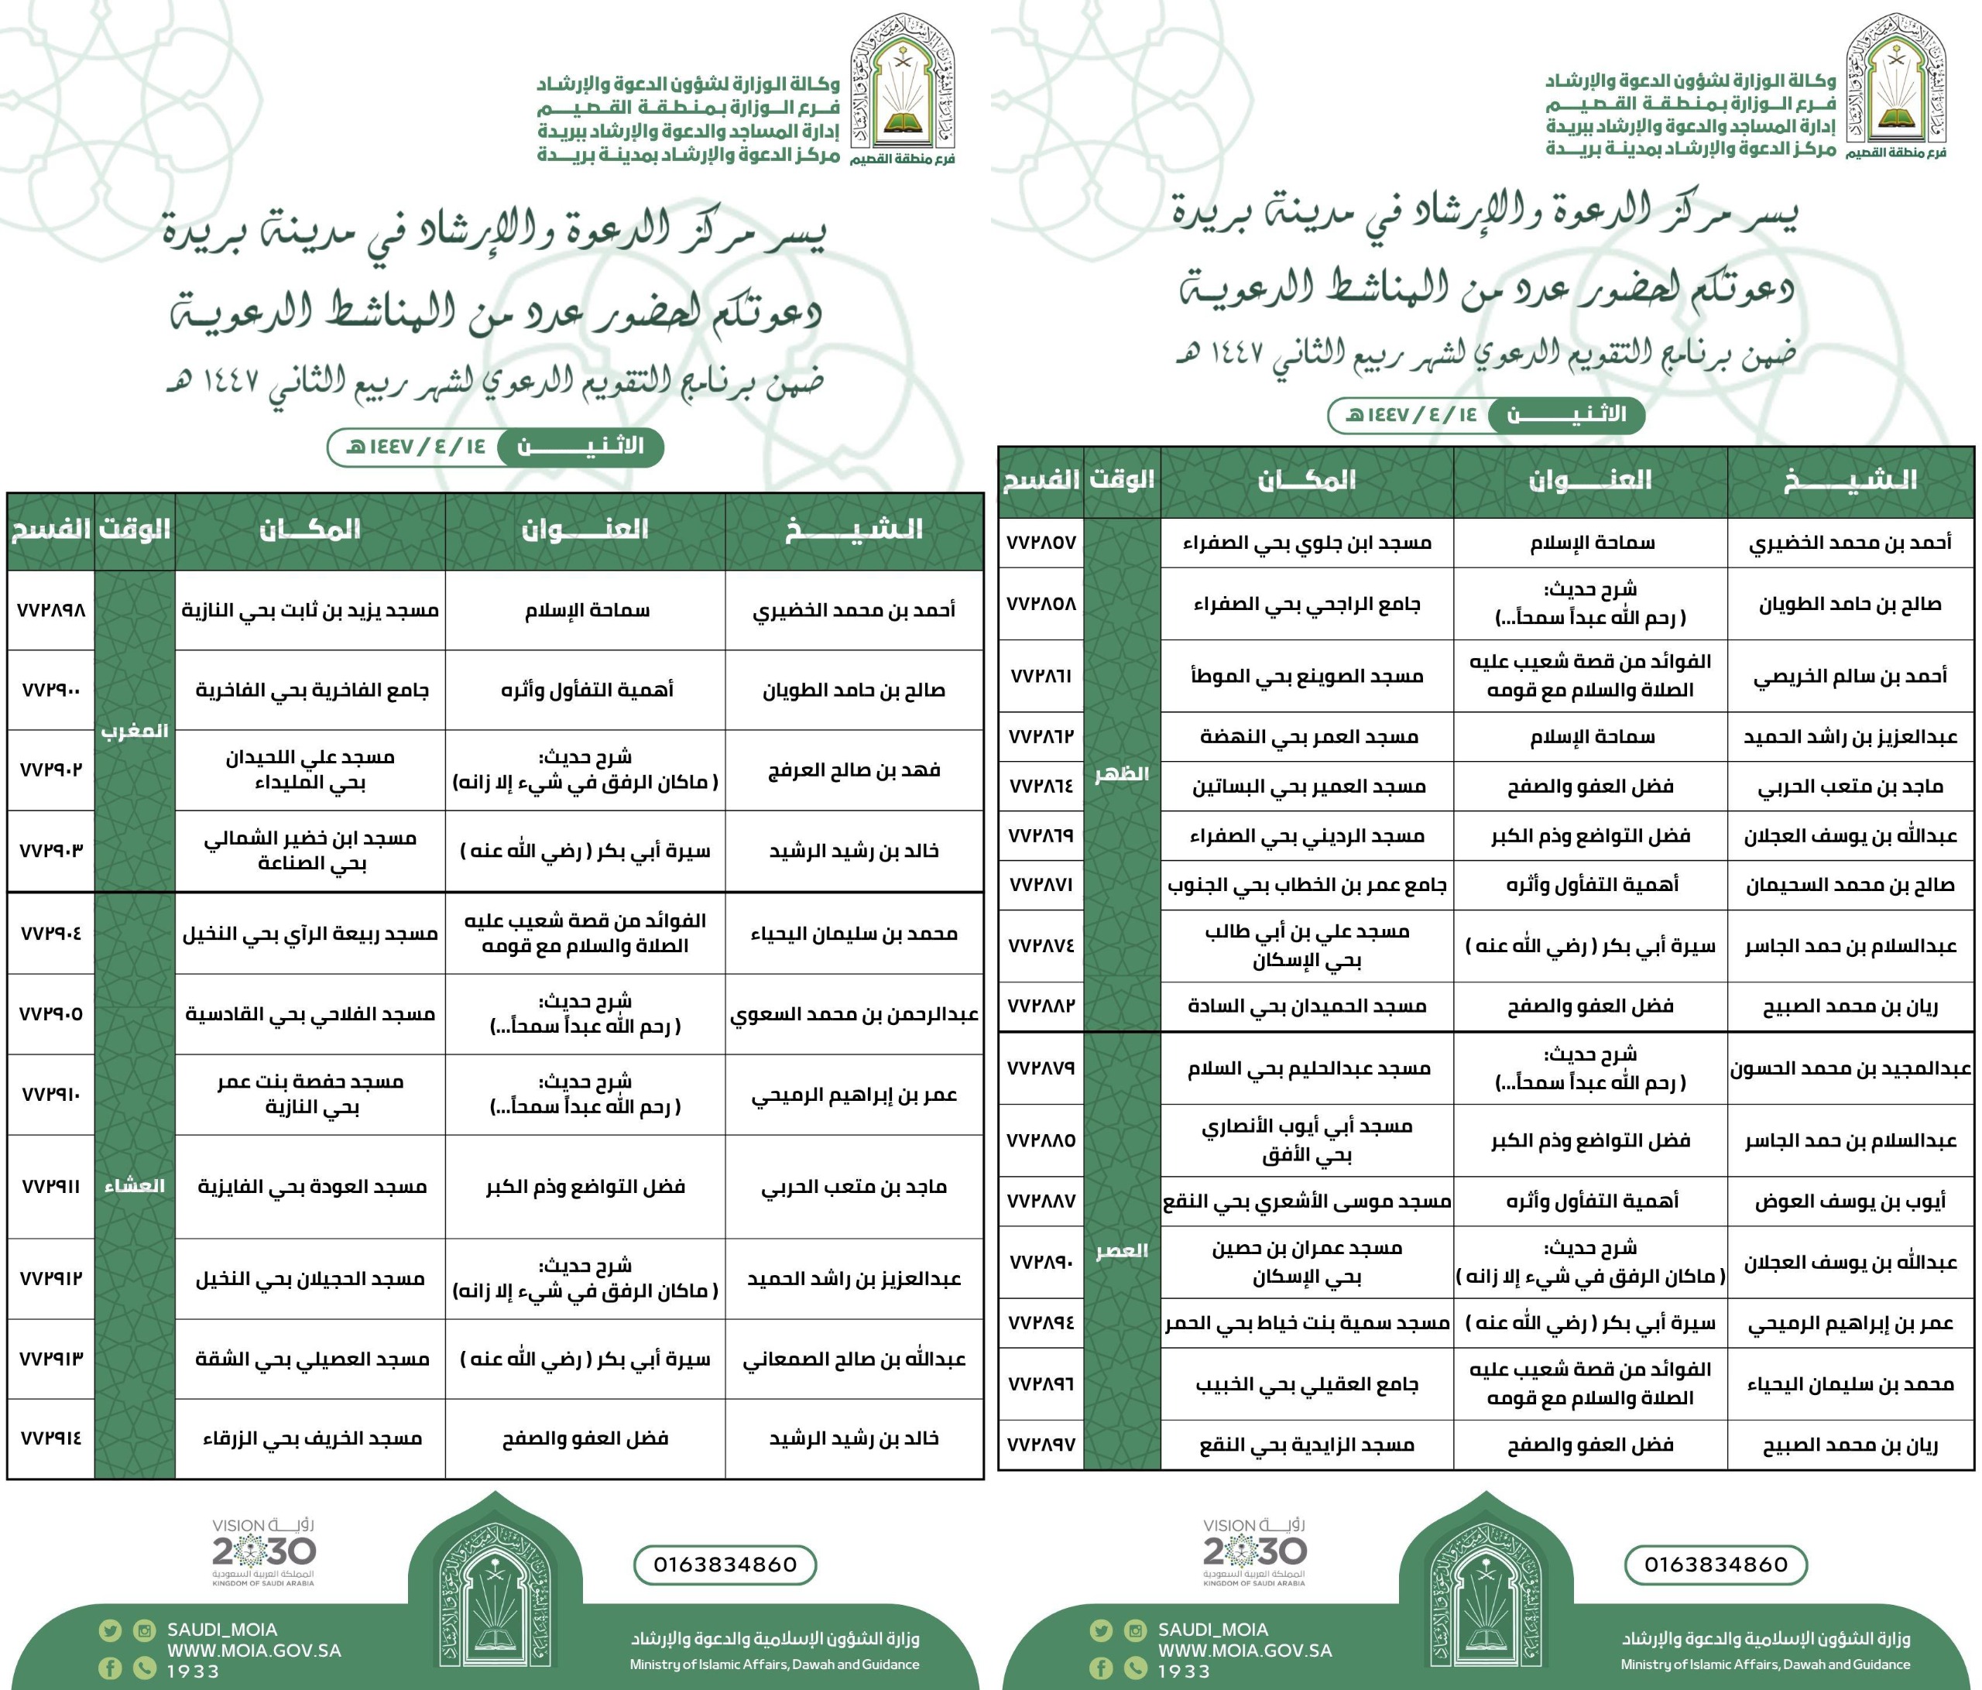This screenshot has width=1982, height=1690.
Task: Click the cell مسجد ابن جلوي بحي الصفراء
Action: [1307, 543]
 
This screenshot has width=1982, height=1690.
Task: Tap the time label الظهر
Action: [1121, 773]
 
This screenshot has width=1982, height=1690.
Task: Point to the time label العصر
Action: [1121, 1251]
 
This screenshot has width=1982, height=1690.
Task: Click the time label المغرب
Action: [135, 731]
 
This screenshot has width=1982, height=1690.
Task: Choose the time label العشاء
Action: [135, 1186]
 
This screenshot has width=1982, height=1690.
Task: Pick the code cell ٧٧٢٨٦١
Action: [1041, 676]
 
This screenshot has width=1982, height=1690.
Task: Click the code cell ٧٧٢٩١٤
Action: [50, 1438]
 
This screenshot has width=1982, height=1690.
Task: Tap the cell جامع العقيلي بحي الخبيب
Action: [1307, 1384]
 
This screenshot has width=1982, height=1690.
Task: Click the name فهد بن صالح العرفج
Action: [853, 770]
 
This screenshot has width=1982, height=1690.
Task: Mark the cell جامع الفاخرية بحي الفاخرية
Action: [311, 691]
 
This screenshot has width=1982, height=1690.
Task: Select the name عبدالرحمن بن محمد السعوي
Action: [853, 1014]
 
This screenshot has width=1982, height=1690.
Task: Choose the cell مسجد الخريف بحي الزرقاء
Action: [311, 1438]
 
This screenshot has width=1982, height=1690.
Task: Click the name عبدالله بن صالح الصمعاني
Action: [853, 1359]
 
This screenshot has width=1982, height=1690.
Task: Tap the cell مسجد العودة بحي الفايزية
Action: [311, 1187]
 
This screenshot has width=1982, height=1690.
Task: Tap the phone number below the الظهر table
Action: [1715, 1565]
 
